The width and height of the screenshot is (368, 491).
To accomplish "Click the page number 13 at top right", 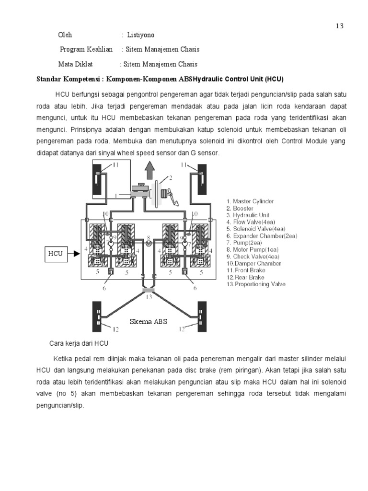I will point(339,26).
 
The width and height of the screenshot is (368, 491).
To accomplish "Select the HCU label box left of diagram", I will point(55,253).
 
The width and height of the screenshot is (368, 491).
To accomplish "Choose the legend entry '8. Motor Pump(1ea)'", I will point(252,249).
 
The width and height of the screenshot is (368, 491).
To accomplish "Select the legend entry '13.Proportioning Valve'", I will point(256,284).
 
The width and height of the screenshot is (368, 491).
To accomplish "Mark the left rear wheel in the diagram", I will point(98,316).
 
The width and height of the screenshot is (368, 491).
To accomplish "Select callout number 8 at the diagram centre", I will point(149,237).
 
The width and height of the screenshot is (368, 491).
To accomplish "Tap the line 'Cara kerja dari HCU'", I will point(80,343).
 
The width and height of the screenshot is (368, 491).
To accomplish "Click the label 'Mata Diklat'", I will point(76,64).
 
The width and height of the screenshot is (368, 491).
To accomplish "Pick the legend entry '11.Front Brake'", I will point(247,270).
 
